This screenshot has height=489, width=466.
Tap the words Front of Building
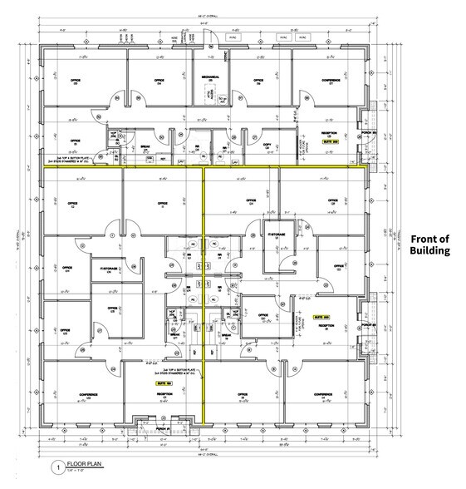pyautogui.click(x=429, y=243)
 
